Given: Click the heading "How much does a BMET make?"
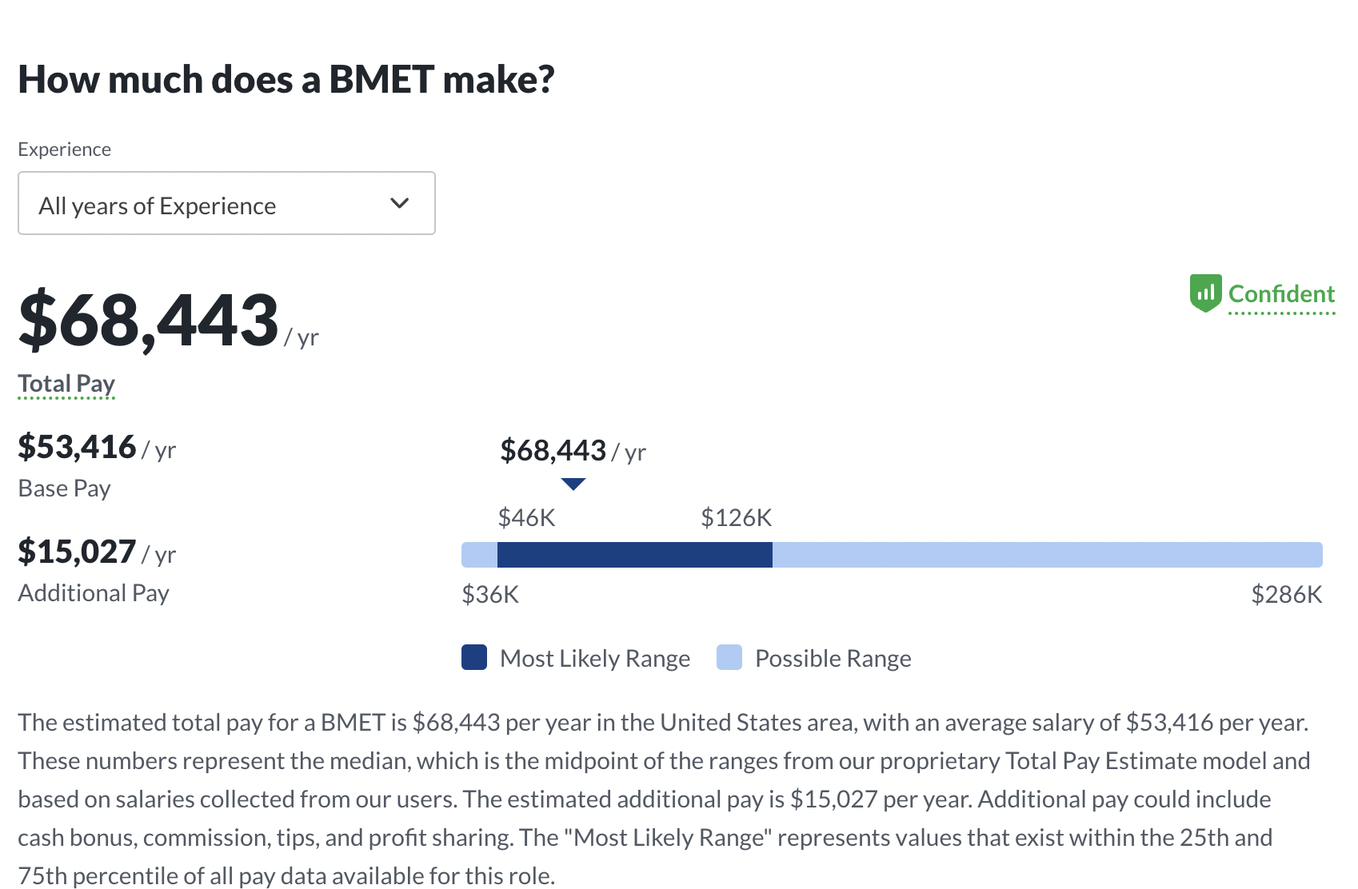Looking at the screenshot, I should point(286,80).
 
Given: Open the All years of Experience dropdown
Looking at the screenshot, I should point(226,204).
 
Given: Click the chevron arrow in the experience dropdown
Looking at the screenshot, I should point(399,203).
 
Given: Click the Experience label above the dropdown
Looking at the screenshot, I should point(64,149).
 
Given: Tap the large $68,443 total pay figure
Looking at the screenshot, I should point(149,321).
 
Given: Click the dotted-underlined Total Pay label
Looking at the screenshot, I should point(66,384).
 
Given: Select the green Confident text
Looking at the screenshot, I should point(1281,294).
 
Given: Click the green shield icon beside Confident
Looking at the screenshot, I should point(1205,293).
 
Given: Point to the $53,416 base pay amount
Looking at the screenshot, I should point(78,447).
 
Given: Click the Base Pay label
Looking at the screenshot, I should point(64,488).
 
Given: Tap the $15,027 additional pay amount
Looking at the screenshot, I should point(78,552).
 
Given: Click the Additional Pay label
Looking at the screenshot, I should point(94,593).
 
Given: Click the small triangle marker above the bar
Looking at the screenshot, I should point(573,484).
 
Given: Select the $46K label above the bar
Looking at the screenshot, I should point(526,518).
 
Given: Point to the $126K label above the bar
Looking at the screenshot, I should point(736,518).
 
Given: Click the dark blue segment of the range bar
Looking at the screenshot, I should point(634,555).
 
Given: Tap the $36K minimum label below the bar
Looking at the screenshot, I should point(490,595).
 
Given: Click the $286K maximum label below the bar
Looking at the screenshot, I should point(1286,595).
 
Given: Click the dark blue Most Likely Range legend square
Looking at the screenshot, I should point(474,657).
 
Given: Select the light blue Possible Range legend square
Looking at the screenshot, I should point(729,657).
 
